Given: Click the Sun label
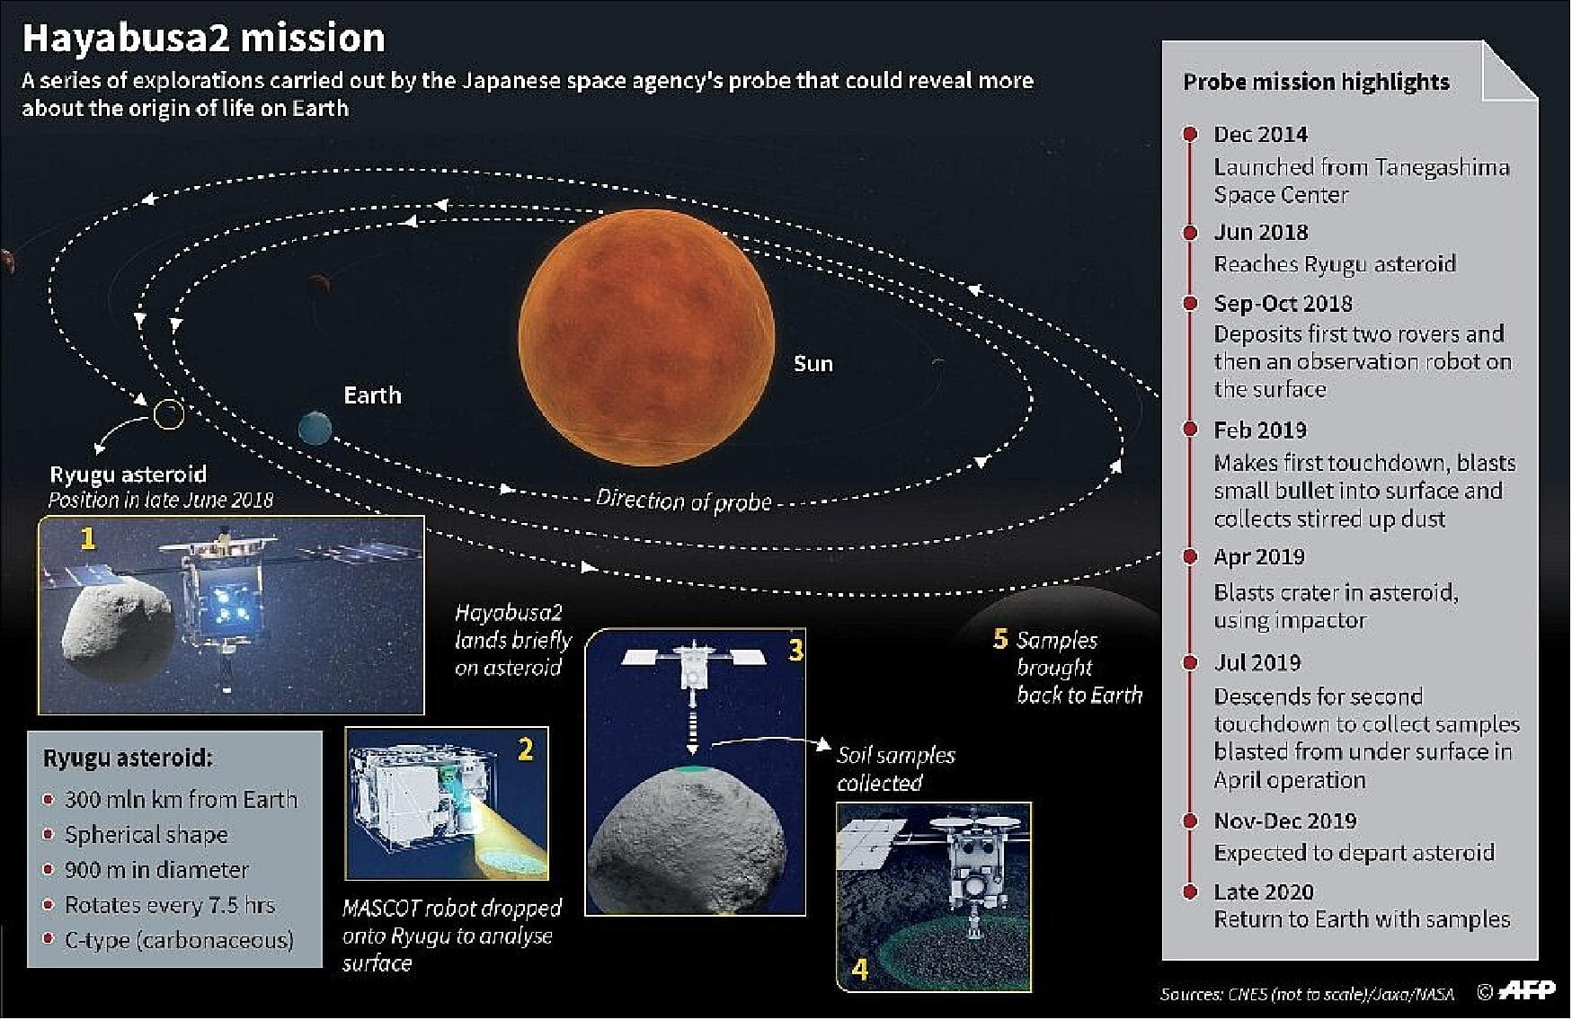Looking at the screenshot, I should point(813,364).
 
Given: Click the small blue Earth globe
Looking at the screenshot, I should point(315,428).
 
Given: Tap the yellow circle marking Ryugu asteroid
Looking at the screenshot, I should point(168,413).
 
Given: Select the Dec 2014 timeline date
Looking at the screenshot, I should point(1260,135).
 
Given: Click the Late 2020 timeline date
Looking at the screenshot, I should point(1263,891).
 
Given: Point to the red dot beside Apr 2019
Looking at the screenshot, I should point(1190,556).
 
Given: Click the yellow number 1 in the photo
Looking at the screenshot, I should point(87,538).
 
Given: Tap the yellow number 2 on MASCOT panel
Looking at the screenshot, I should point(526,749).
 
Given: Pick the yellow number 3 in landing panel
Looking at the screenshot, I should point(795,650).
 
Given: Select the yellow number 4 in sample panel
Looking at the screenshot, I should point(859,970).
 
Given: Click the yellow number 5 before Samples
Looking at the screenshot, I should point(1000,639).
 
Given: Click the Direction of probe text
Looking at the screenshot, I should point(683,501).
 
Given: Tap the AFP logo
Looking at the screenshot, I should point(1527,990).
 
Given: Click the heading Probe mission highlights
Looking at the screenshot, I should point(1316,82).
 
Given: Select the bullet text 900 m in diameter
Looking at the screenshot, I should point(156,870).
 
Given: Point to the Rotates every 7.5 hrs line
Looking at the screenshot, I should point(169,905).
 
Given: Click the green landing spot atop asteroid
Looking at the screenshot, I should point(692,770).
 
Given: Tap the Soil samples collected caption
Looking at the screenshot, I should point(894,768).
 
